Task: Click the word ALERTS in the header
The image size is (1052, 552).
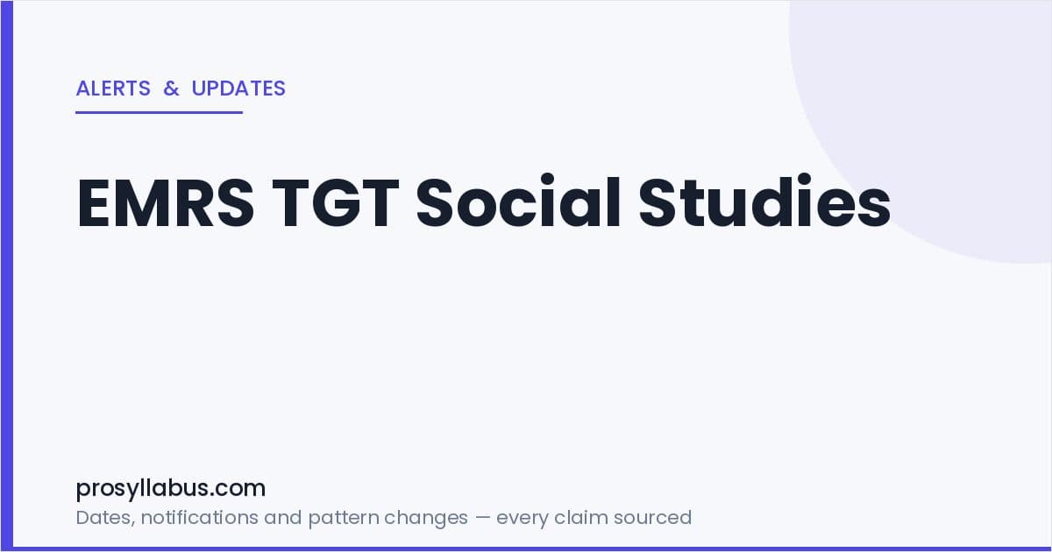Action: pos(113,88)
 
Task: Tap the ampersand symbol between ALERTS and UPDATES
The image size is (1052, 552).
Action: pos(172,88)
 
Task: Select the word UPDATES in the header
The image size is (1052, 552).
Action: pos(238,88)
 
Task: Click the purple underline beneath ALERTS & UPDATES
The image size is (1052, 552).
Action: pos(160,112)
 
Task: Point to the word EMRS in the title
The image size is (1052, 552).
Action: pos(166,202)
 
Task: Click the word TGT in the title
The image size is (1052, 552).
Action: pos(335,202)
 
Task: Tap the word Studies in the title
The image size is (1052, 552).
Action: pos(764,201)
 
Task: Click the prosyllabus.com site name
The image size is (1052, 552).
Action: pos(170,489)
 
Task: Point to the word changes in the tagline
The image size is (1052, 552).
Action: pos(426,519)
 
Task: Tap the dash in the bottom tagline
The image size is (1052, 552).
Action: pos(482,518)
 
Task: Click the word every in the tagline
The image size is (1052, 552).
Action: pos(522,519)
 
